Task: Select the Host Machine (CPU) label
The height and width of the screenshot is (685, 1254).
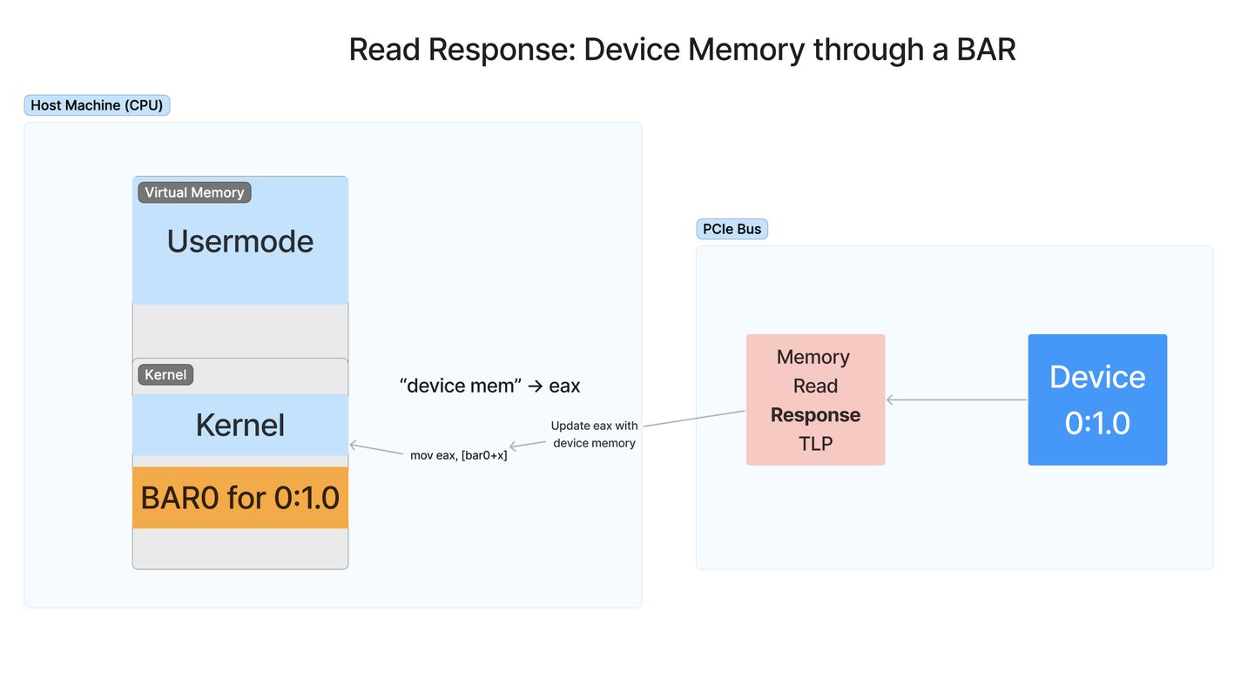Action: point(97,105)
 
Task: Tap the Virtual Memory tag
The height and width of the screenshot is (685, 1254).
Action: point(194,192)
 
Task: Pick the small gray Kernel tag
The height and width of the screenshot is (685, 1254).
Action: point(165,374)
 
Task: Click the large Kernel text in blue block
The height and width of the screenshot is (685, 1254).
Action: point(240,425)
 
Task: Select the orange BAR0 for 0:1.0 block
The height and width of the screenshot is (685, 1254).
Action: point(240,498)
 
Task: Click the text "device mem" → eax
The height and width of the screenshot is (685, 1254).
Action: point(489,385)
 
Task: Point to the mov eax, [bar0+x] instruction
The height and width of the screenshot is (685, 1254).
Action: point(458,455)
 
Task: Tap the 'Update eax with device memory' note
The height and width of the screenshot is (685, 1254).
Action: point(594,434)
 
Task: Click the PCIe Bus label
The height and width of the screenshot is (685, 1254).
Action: point(731,229)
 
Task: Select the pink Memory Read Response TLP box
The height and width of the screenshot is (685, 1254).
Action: point(815,400)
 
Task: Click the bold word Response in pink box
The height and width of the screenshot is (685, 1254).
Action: point(815,415)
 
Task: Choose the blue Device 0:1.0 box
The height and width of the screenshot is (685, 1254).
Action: point(1097,400)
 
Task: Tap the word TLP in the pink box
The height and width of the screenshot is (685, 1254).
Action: point(815,444)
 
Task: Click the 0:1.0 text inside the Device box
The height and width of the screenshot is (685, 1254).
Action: point(1097,423)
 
